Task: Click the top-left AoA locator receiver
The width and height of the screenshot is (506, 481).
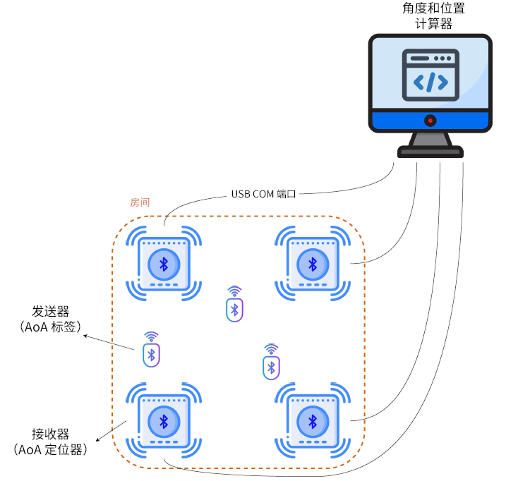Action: [164, 264]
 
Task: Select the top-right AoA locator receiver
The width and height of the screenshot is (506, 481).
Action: [311, 264]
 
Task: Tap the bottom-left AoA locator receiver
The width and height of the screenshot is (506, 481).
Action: [164, 421]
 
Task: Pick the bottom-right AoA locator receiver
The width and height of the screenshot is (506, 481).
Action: [311, 421]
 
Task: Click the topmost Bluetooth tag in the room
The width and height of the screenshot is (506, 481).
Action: [235, 309]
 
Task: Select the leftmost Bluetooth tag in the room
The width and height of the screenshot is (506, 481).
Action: [151, 355]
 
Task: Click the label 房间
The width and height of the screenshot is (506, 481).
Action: [140, 202]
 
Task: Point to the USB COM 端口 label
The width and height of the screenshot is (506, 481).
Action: [263, 194]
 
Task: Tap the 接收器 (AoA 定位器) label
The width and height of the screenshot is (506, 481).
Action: [51, 442]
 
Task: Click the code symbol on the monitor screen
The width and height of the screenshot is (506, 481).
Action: [430, 83]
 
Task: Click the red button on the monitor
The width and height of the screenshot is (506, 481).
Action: [430, 121]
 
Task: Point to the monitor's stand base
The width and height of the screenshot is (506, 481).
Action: [430, 151]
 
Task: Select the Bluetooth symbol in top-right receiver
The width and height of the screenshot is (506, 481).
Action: [311, 264]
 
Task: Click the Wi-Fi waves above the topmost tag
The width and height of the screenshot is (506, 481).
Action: [234, 291]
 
